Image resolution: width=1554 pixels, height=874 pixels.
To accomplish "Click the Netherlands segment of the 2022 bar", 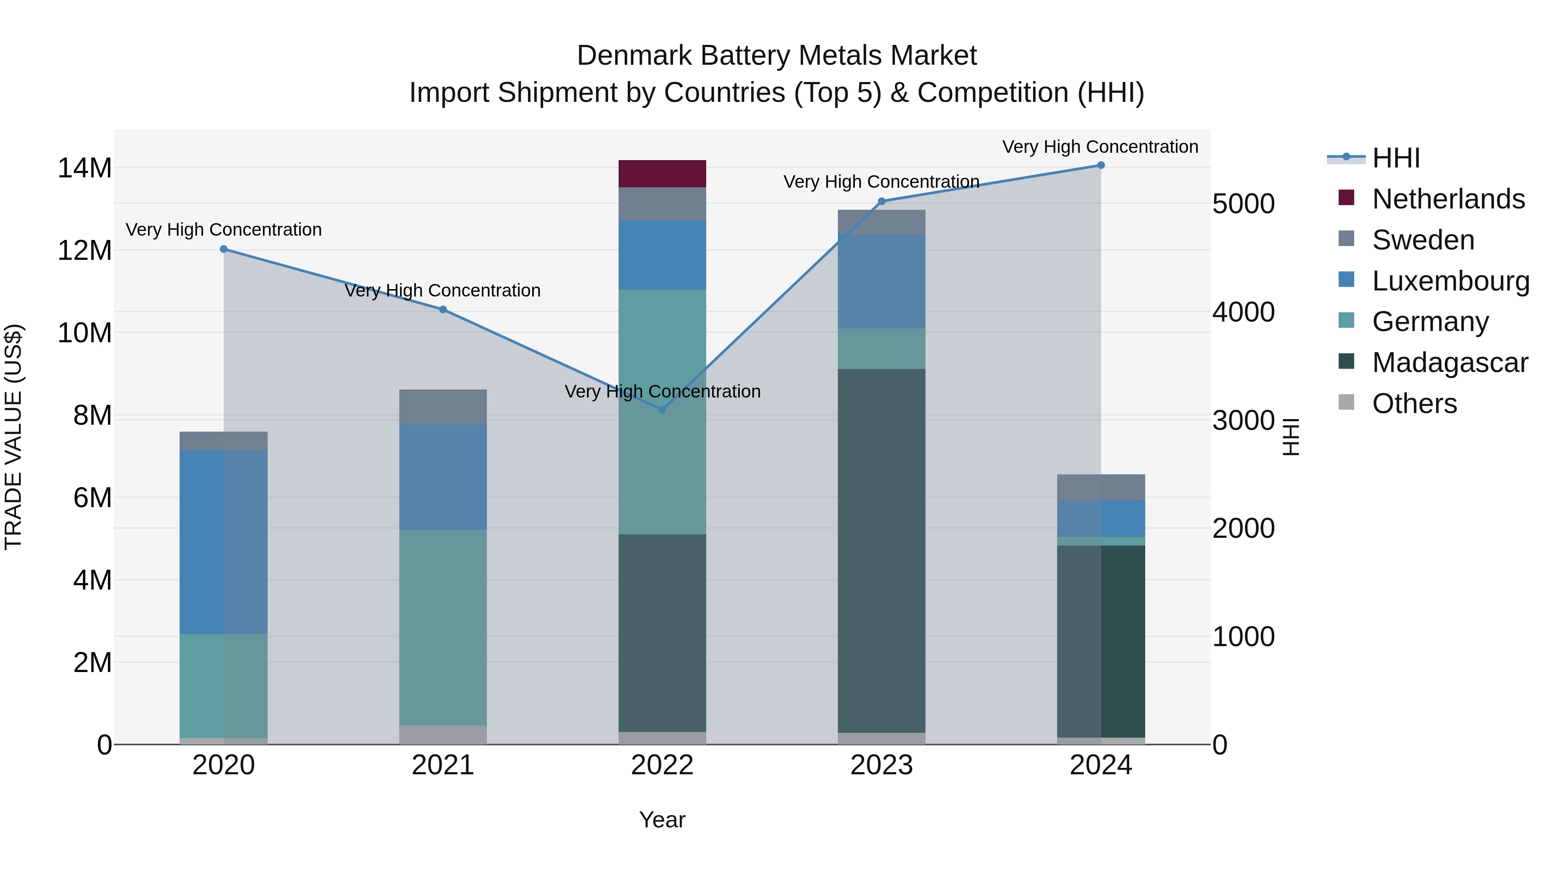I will (662, 174).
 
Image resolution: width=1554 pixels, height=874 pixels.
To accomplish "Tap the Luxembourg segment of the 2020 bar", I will (223, 542).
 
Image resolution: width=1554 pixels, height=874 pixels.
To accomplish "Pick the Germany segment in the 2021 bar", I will (443, 627).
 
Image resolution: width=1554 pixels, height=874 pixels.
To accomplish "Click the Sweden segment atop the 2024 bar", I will (1100, 487).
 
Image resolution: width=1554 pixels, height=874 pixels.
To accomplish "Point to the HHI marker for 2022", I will (662, 410).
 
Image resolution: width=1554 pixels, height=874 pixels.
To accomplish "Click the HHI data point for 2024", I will (1100, 165).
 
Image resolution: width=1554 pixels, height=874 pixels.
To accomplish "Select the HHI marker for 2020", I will (223, 249).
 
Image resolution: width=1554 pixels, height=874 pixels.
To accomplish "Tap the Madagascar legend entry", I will (1449, 363).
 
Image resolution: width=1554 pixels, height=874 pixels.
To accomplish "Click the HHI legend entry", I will (1395, 158).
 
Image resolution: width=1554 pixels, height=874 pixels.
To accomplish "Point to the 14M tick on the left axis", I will (85, 168).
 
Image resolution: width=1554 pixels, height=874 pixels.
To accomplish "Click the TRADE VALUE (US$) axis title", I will (13, 437).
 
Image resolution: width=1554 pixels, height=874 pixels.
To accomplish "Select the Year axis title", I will (662, 820).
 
